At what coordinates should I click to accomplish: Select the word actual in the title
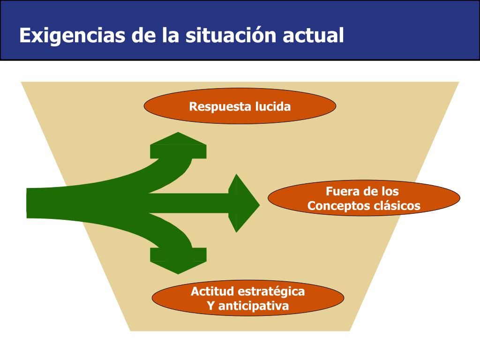click(x=313, y=36)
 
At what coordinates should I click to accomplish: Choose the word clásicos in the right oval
click(x=397, y=206)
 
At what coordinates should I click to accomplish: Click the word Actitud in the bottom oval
click(x=212, y=292)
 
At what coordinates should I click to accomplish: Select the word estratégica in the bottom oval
click(x=271, y=292)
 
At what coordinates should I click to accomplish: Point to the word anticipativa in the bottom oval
click(x=254, y=307)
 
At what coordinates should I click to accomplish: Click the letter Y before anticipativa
click(x=210, y=307)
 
